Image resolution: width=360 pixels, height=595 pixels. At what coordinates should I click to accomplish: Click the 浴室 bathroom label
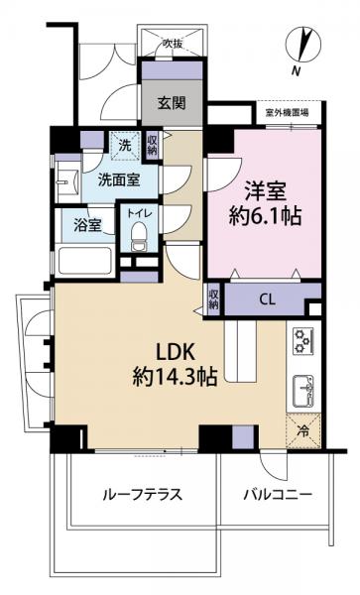[87, 224]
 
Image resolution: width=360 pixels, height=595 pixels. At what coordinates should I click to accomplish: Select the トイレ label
[136, 212]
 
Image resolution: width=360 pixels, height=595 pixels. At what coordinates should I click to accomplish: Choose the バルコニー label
[277, 495]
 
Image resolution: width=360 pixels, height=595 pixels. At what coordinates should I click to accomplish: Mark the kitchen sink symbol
[302, 389]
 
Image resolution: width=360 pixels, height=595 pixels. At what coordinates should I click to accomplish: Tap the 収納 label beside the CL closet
[213, 298]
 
